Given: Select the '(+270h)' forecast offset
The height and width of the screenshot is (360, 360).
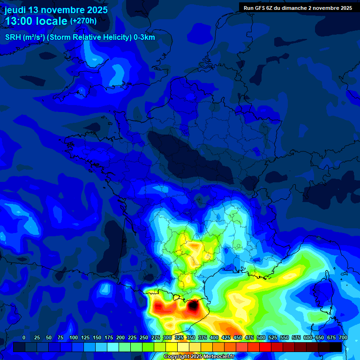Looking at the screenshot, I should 83,21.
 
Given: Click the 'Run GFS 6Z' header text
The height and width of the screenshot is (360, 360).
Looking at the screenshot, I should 260,8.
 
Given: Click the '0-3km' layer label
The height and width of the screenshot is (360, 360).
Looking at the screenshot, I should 144,37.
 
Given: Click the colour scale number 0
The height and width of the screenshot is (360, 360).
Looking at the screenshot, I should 24,337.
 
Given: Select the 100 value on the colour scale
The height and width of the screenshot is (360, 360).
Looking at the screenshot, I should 74,337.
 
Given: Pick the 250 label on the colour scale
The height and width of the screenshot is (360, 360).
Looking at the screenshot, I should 144,337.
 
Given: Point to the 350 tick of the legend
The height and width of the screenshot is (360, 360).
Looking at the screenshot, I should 191,337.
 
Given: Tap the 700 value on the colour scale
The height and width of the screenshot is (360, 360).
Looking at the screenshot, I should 343,337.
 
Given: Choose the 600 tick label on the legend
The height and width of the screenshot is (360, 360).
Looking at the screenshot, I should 308,337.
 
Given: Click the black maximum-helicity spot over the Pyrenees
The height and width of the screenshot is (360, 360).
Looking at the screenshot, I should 192,307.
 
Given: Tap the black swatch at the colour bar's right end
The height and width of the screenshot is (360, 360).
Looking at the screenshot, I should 336,347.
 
